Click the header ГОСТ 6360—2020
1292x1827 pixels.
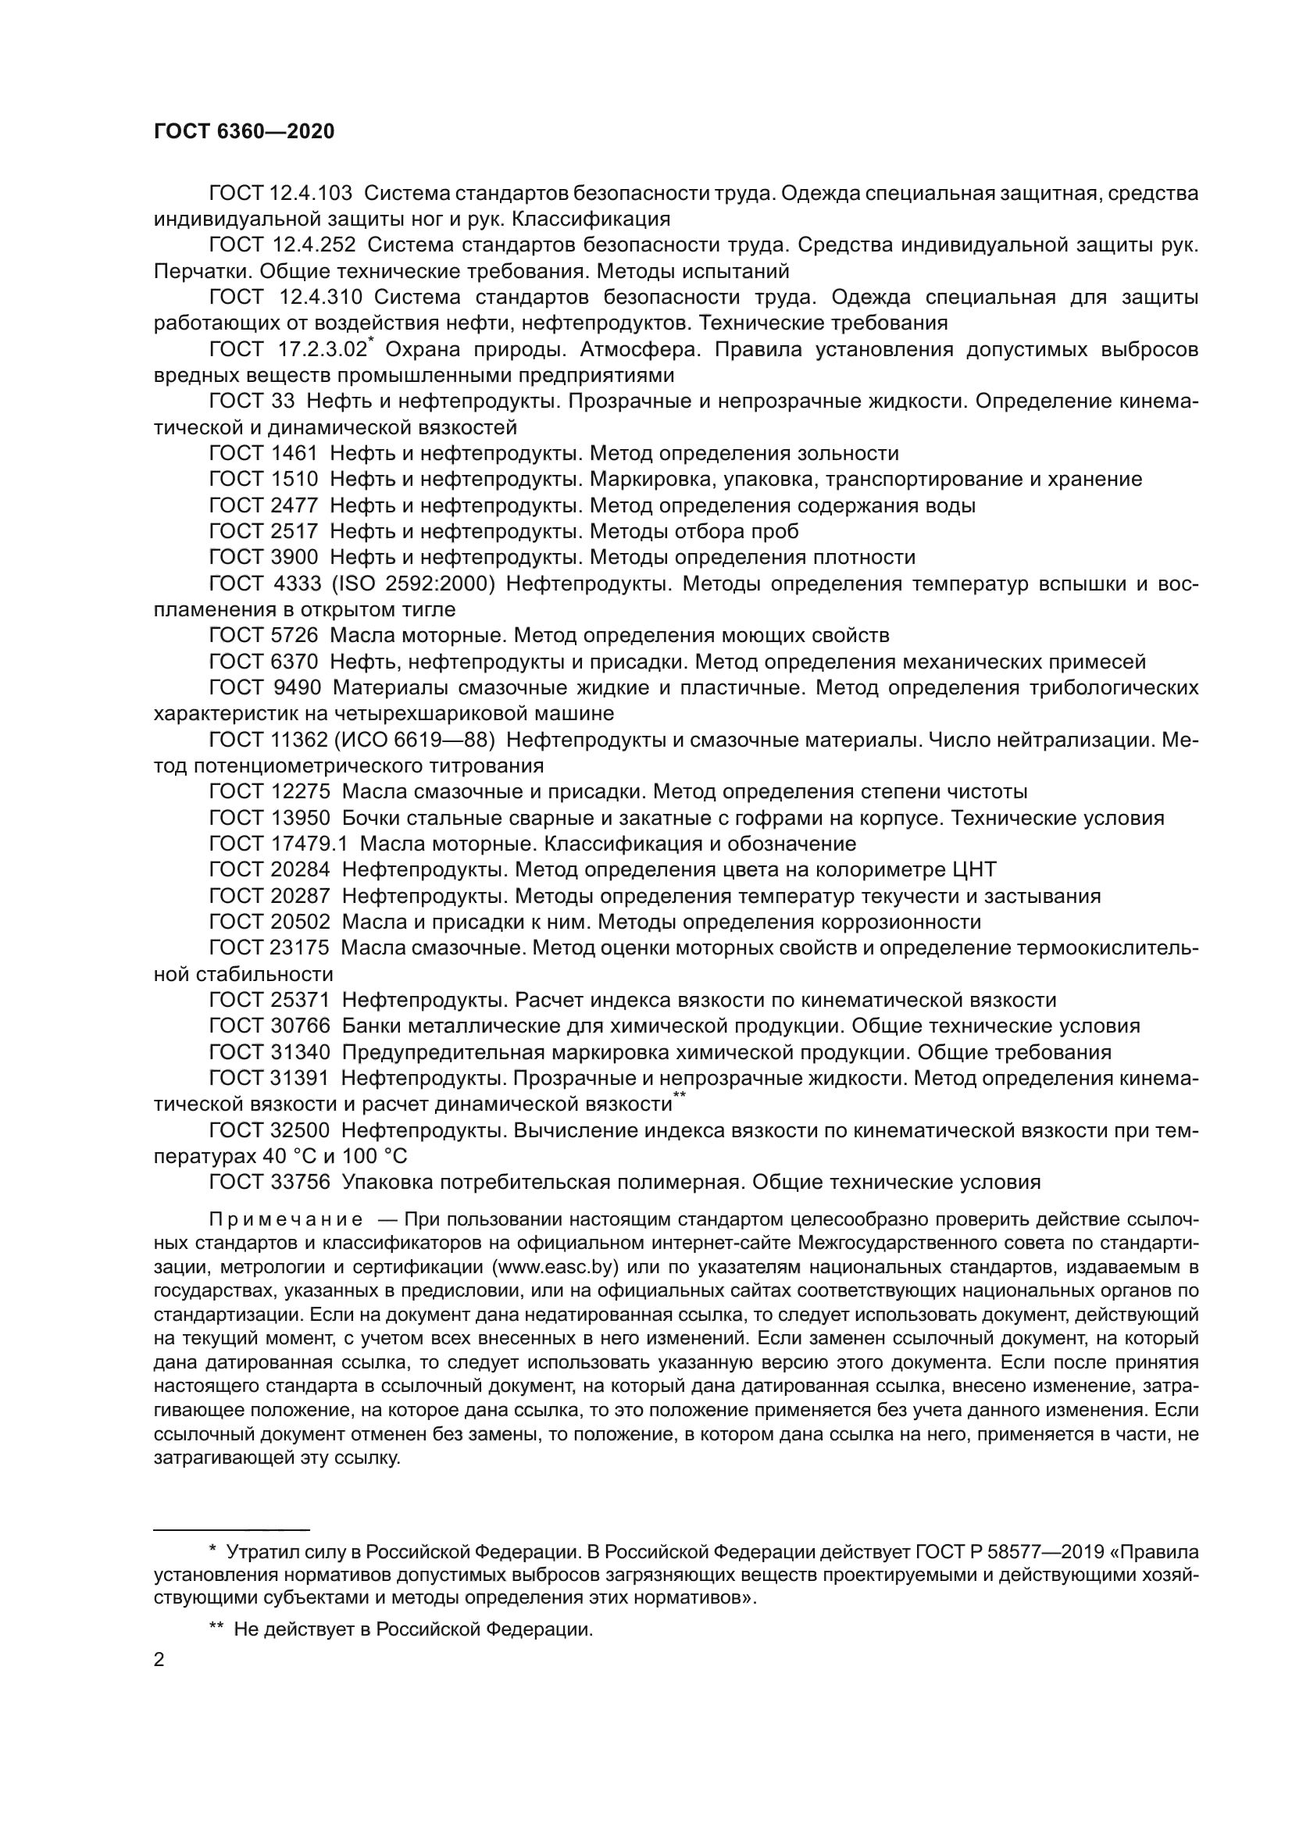click(x=244, y=131)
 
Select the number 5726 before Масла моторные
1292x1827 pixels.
click(x=294, y=635)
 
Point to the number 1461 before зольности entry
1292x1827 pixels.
click(x=294, y=454)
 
